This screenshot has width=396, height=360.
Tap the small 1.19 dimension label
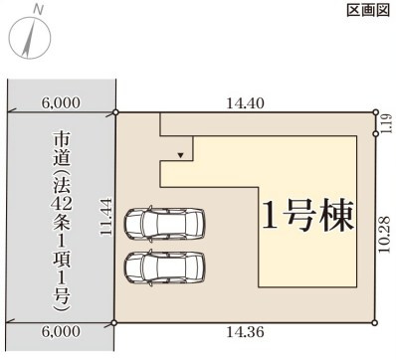[x=386, y=125]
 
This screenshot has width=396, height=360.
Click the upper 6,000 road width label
[x=61, y=102]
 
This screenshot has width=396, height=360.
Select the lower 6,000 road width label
[x=61, y=332]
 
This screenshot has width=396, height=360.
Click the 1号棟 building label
[x=307, y=215]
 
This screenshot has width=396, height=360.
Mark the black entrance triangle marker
[x=179, y=155]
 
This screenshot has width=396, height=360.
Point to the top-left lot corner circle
[x=116, y=112]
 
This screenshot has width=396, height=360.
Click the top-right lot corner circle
[x=375, y=112]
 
